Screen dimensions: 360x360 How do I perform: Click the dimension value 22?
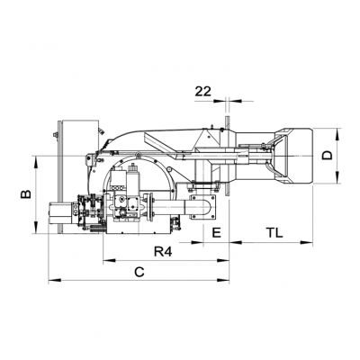click(203, 92)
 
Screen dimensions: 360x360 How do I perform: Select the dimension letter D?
click(328, 156)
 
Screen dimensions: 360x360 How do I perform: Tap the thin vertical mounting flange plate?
click(227, 162)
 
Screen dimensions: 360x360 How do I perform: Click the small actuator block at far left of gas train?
click(58, 214)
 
